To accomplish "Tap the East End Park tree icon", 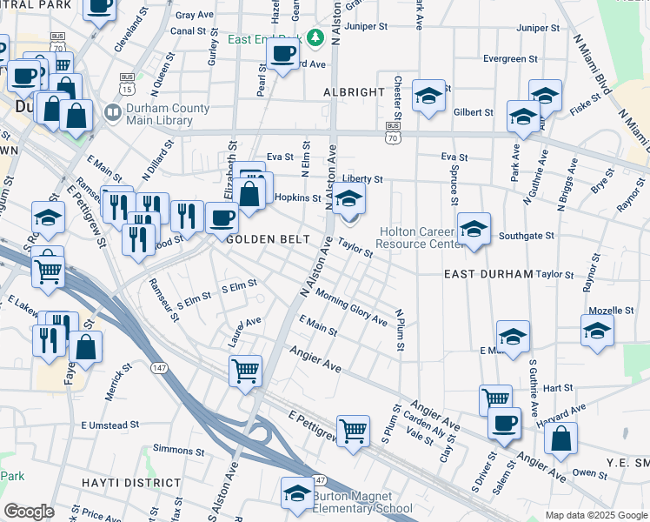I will point(316,38).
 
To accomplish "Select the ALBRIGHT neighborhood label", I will point(354,91).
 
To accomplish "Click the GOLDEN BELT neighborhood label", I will point(263,238).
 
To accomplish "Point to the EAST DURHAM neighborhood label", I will point(487,273).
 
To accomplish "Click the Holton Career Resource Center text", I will point(421,238).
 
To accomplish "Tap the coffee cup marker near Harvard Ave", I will point(504,423).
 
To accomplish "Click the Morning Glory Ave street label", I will point(351,308).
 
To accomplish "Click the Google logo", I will point(29,512).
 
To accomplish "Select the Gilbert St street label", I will point(473,112).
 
